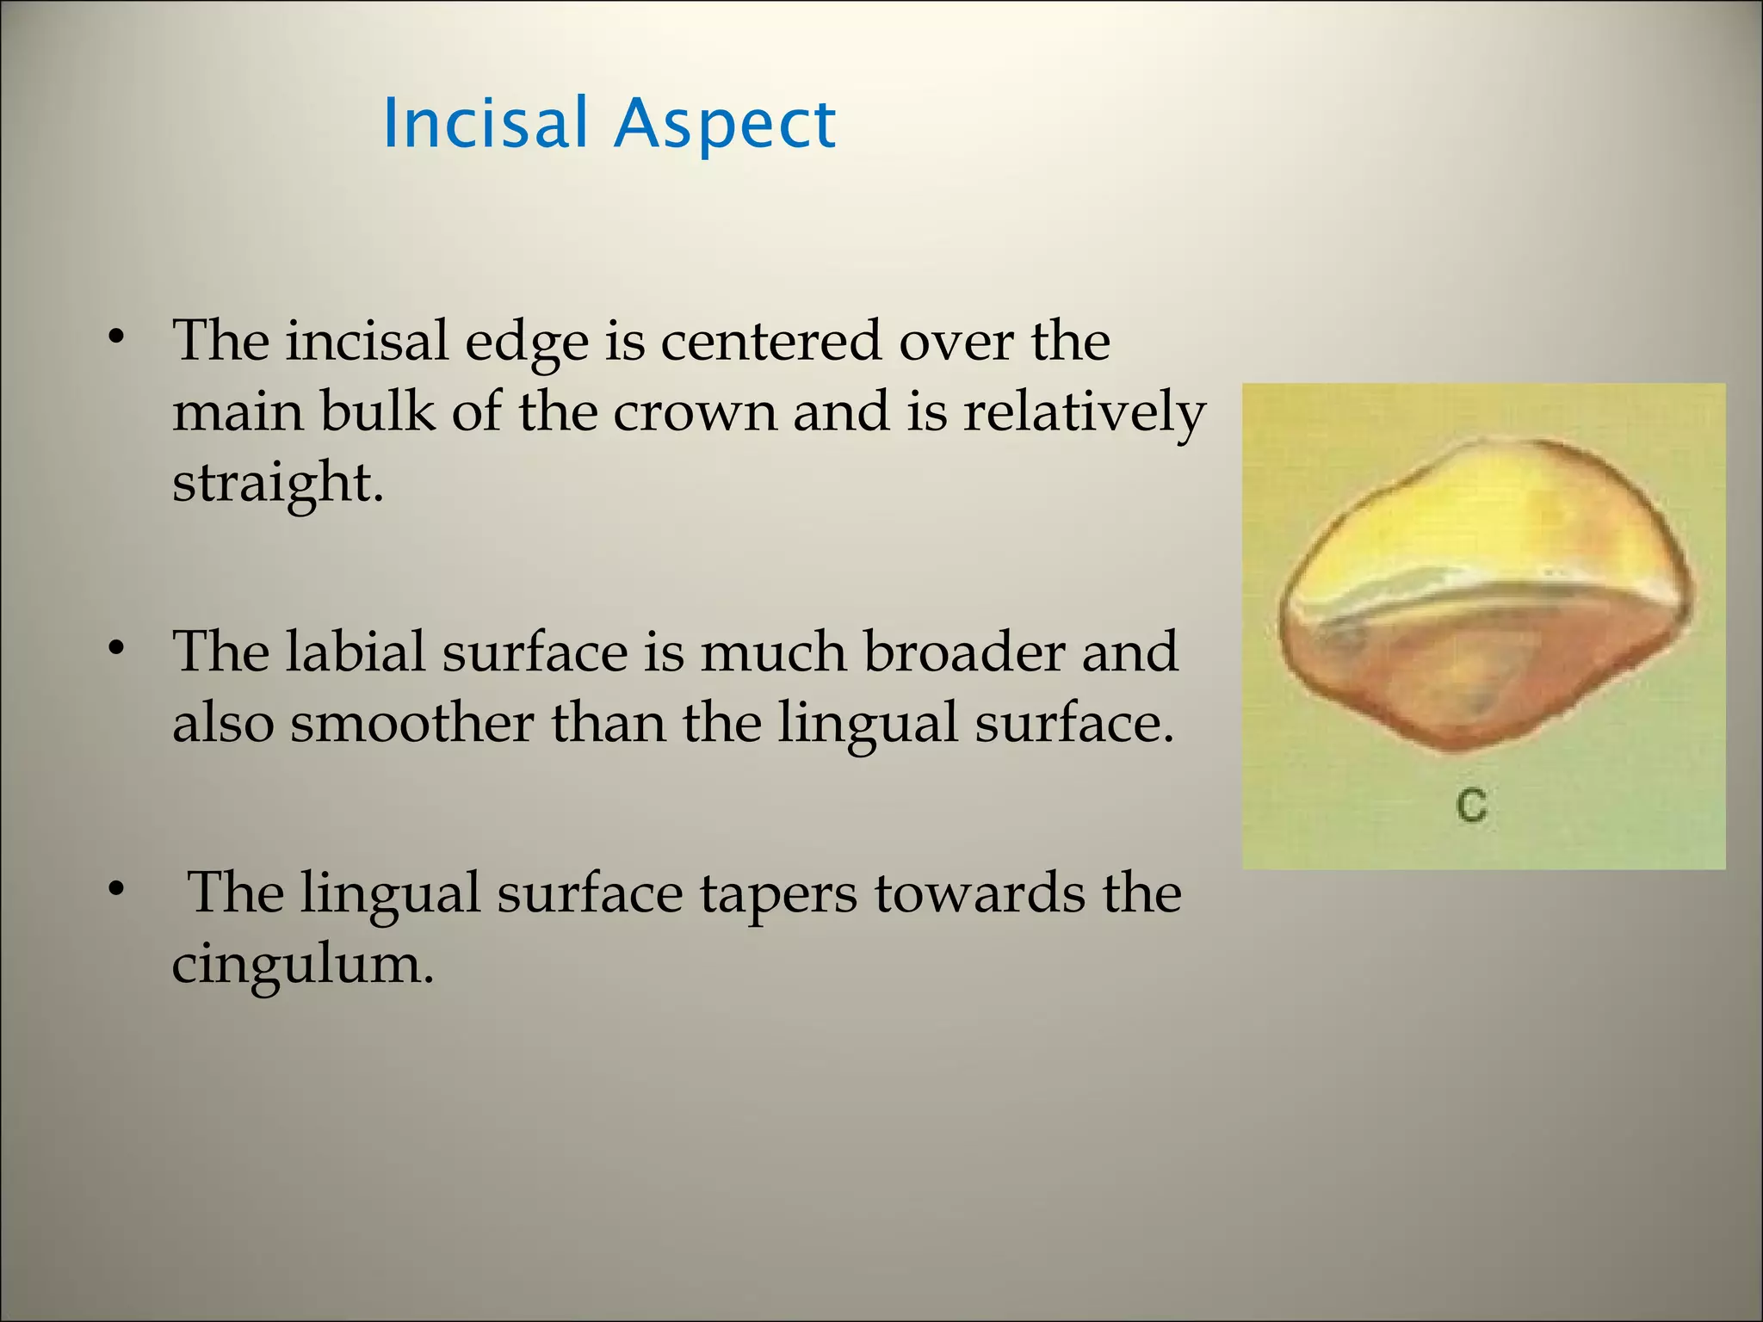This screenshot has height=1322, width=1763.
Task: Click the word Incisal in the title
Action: [484, 123]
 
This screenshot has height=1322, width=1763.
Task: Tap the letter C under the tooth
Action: [1471, 806]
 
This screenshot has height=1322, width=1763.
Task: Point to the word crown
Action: [694, 411]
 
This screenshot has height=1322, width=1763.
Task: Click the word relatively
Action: [1085, 411]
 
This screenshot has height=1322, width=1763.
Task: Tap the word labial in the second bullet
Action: [355, 652]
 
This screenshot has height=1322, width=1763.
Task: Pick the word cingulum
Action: [301, 964]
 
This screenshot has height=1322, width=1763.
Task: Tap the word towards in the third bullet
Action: [978, 893]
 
